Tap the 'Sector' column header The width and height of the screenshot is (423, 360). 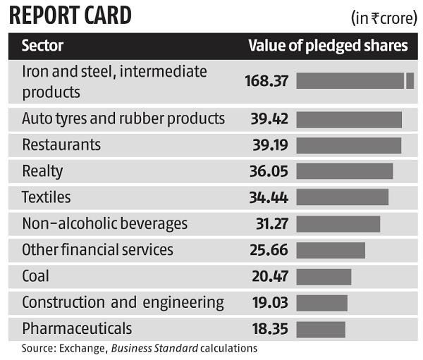click(x=42, y=46)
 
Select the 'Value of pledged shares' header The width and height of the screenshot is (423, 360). click(x=328, y=46)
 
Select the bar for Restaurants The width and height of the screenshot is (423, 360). click(x=348, y=145)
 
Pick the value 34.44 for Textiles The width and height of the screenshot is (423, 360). click(x=269, y=198)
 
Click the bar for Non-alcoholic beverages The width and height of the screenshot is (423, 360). click(x=338, y=224)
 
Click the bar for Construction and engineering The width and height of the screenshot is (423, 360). click(x=321, y=303)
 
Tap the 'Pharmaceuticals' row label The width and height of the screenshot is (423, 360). click(x=77, y=329)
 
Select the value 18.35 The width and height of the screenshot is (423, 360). click(x=270, y=329)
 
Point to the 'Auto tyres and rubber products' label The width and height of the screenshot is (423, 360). click(x=123, y=118)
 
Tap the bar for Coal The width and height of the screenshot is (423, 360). click(x=324, y=277)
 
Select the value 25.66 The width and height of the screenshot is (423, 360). click(x=269, y=250)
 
